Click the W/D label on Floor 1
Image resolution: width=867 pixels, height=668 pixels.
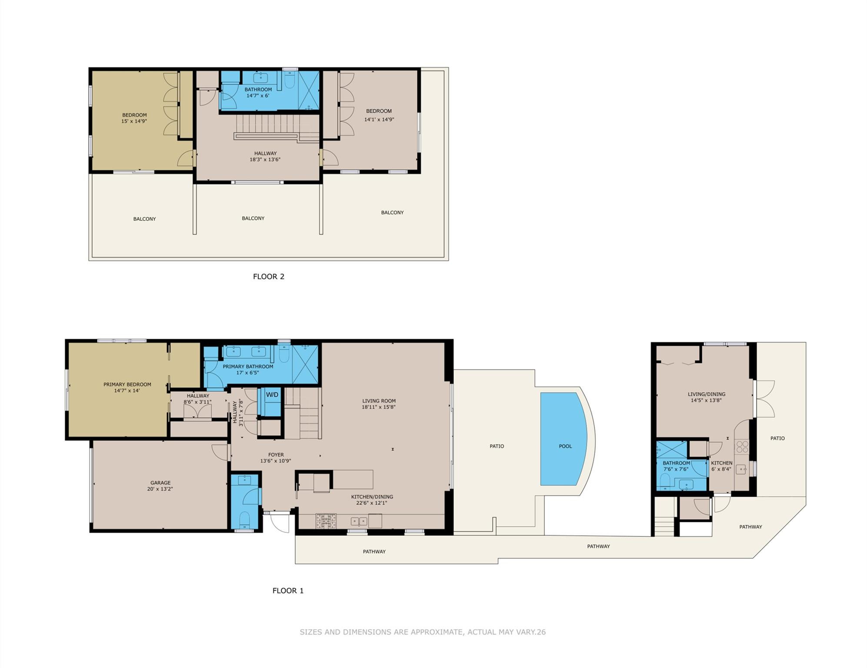pyautogui.click(x=272, y=395)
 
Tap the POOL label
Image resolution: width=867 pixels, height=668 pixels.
pyautogui.click(x=565, y=446)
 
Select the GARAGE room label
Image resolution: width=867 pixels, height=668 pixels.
pyautogui.click(x=160, y=483)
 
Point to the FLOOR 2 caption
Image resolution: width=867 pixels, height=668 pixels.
pyautogui.click(x=269, y=277)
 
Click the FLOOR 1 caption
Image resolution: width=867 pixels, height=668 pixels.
pyautogui.click(x=288, y=591)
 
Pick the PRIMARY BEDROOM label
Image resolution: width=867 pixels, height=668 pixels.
pyautogui.click(x=127, y=384)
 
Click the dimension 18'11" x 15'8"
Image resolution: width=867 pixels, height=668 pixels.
pyautogui.click(x=379, y=407)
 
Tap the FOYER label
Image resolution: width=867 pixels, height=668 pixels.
pyautogui.click(x=276, y=455)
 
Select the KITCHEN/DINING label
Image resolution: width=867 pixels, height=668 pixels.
pyautogui.click(x=372, y=497)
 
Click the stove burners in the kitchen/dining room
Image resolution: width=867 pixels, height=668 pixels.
pyautogui.click(x=326, y=521)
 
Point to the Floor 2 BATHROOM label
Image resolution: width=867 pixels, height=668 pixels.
pyautogui.click(x=258, y=90)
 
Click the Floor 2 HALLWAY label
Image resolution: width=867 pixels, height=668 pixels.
pyautogui.click(x=265, y=154)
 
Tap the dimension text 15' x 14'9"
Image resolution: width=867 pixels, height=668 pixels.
pyautogui.click(x=134, y=121)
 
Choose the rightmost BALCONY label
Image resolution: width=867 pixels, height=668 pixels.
pyautogui.click(x=392, y=213)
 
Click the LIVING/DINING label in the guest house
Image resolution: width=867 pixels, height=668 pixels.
pyautogui.click(x=706, y=394)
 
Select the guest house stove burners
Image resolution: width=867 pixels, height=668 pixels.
pyautogui.click(x=742, y=447)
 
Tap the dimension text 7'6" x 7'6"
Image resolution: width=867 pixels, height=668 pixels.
pyautogui.click(x=676, y=469)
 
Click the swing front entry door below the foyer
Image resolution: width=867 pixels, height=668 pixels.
pyautogui.click(x=280, y=522)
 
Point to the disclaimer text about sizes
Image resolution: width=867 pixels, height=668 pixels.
pyautogui.click(x=422, y=632)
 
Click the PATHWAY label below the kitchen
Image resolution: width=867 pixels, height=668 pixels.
pyautogui.click(x=374, y=552)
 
